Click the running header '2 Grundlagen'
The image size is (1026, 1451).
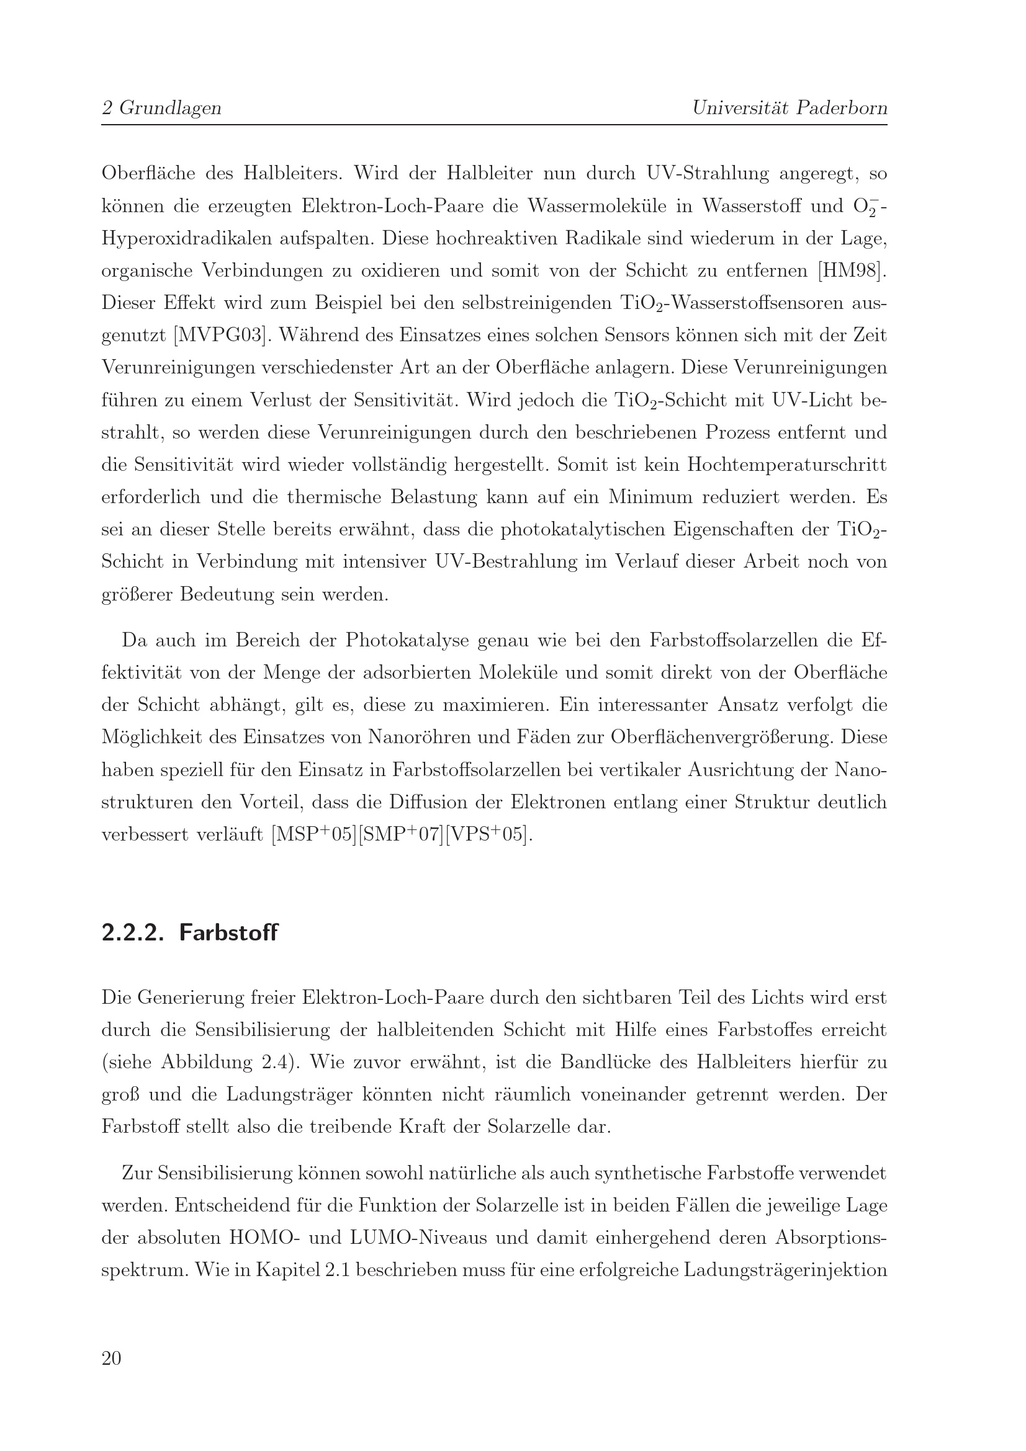point(161,108)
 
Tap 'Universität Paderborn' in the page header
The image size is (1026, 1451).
point(790,108)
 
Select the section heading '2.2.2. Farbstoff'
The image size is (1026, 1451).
point(190,933)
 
